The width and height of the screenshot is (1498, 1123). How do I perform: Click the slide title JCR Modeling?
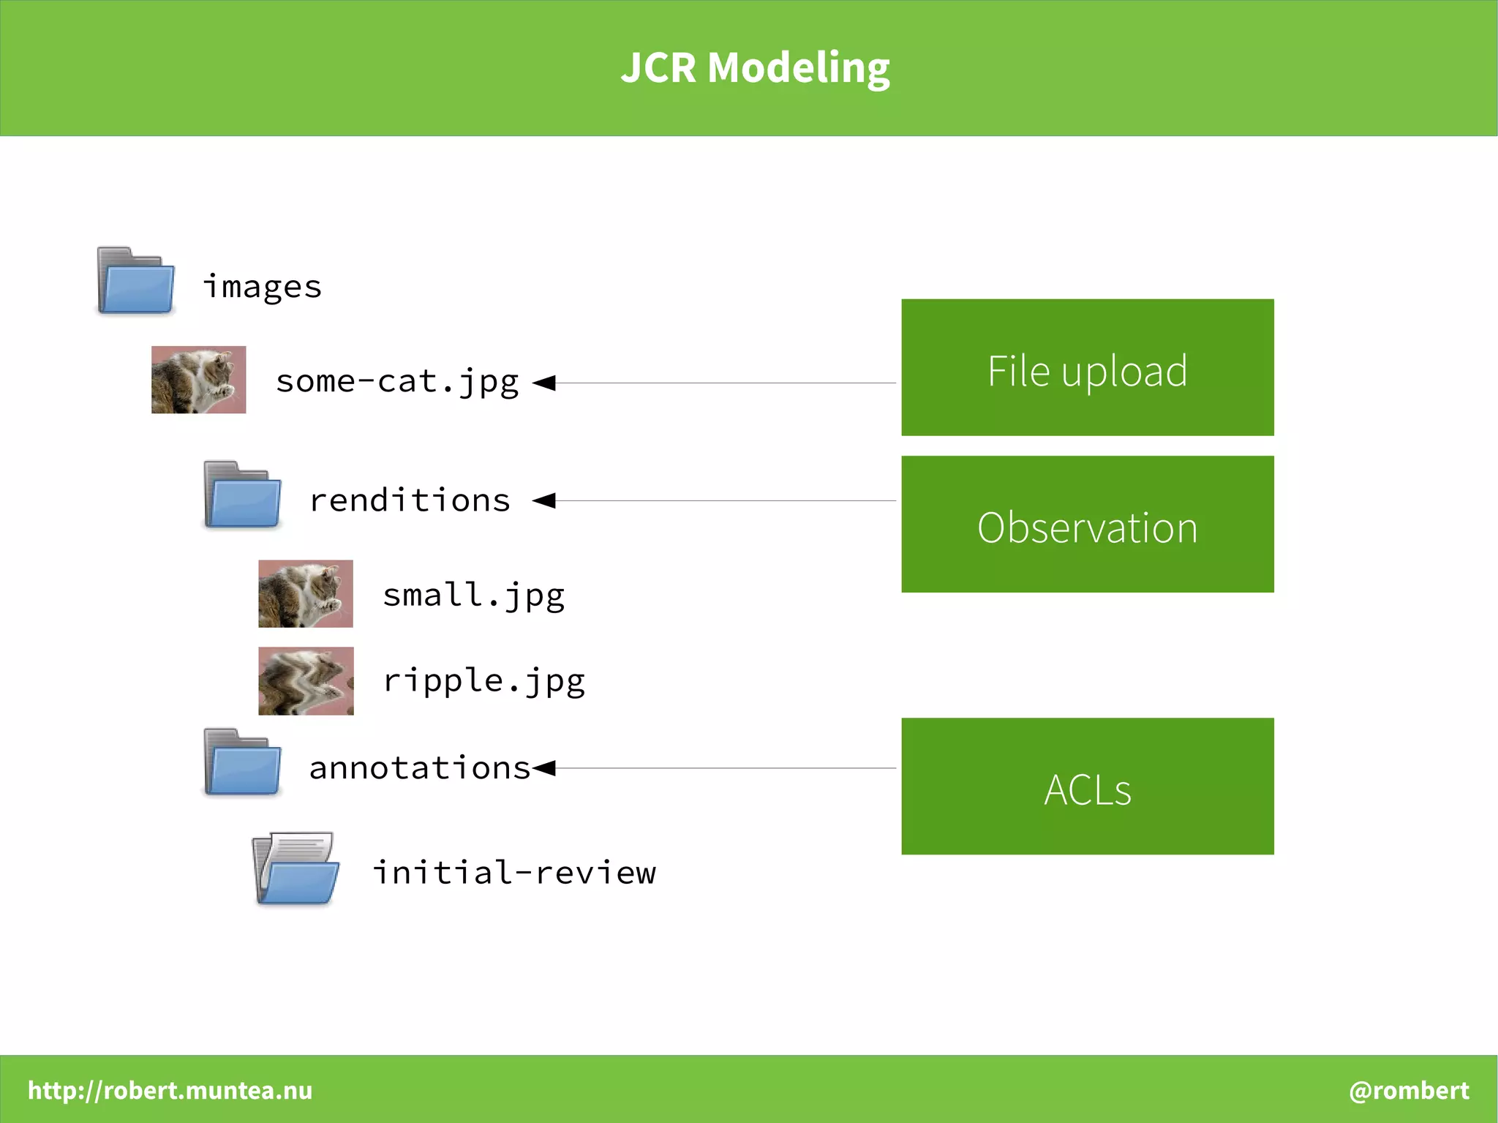tap(755, 67)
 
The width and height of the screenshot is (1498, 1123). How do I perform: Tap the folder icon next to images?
tap(136, 282)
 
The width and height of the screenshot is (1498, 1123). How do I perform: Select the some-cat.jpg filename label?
tap(397, 382)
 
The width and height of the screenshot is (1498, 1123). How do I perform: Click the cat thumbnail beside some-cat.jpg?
tap(198, 380)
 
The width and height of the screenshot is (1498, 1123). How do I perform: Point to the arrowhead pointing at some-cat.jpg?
tap(544, 383)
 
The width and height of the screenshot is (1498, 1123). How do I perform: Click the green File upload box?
tap(1087, 367)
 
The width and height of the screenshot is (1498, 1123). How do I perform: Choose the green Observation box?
tap(1087, 525)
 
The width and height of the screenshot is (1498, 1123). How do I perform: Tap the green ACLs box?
tap(1087, 786)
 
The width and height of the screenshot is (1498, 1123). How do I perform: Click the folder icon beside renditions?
tap(243, 495)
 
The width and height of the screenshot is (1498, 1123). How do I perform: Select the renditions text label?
tap(410, 501)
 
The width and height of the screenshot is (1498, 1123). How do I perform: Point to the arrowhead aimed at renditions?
tap(544, 501)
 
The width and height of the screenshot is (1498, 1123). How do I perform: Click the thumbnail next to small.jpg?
tap(306, 594)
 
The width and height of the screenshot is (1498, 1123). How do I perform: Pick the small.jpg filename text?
tap(474, 596)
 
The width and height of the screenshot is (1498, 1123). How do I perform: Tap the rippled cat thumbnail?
tap(306, 681)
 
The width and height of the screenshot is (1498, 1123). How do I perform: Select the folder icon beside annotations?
tap(243, 762)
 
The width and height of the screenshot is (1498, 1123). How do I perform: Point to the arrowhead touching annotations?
tap(544, 768)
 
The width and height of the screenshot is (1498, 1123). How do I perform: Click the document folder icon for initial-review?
tap(296, 869)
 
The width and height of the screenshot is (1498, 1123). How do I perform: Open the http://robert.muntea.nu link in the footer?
tap(170, 1091)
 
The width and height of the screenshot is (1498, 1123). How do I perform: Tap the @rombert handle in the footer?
tap(1409, 1091)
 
